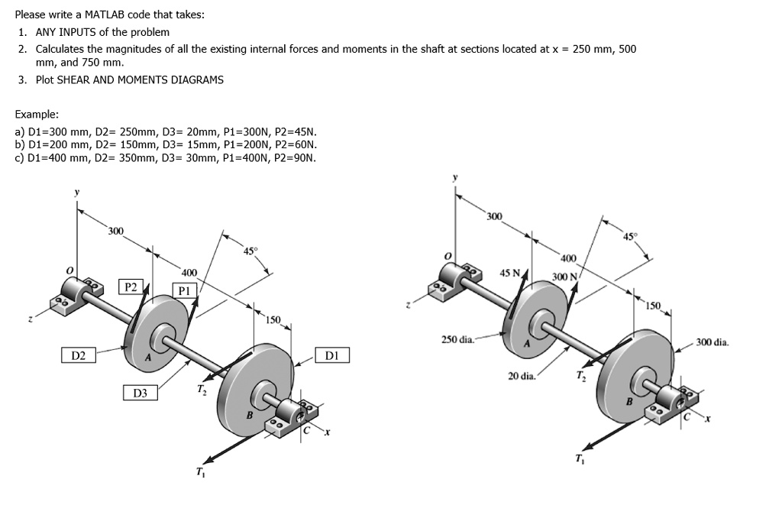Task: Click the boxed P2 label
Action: click(x=131, y=287)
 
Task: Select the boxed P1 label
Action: click(x=184, y=290)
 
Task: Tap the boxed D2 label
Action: click(x=79, y=355)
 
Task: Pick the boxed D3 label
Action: click(x=140, y=393)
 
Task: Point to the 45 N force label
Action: click(x=509, y=273)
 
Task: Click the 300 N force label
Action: click(x=564, y=277)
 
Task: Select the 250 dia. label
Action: click(x=458, y=338)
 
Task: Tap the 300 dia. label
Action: click(x=713, y=342)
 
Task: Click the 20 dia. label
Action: click(x=522, y=376)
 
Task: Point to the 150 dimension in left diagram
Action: click(x=273, y=319)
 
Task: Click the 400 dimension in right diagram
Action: click(x=569, y=258)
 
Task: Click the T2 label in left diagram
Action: click(x=201, y=390)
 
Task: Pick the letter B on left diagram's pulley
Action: click(x=248, y=416)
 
